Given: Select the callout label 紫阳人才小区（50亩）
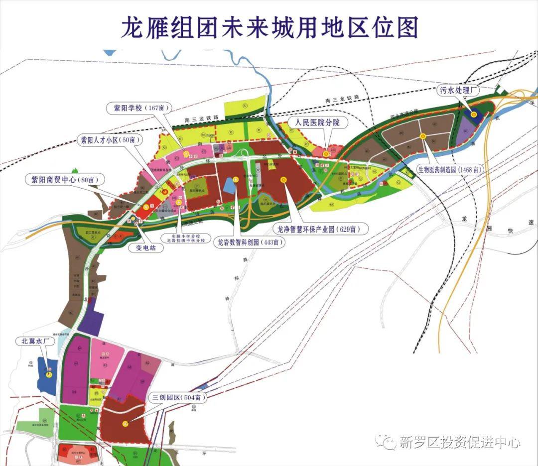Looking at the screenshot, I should click(x=108, y=140).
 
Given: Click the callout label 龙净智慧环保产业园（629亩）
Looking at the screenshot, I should click(x=321, y=230).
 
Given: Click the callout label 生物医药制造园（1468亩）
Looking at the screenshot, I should click(x=451, y=169).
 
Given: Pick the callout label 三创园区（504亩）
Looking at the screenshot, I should click(x=179, y=398).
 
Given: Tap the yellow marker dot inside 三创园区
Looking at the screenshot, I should click(x=125, y=424).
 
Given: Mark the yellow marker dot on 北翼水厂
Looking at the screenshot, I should click(x=49, y=374).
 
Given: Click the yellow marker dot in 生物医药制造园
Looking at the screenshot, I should click(x=422, y=135).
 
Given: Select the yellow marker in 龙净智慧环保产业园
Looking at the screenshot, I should click(x=284, y=180).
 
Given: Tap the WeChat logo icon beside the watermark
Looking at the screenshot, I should click(x=387, y=441).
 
